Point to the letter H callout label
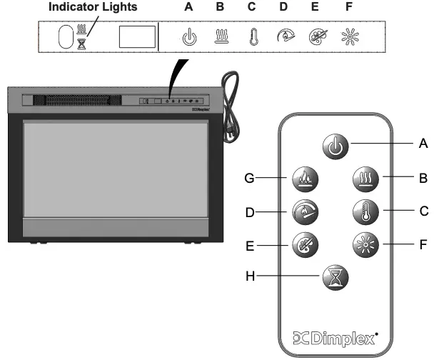250,274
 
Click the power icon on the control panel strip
189,37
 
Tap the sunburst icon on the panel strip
348,37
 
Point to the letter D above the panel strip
284,7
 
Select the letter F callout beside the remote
423,243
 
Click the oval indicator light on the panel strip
64,36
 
